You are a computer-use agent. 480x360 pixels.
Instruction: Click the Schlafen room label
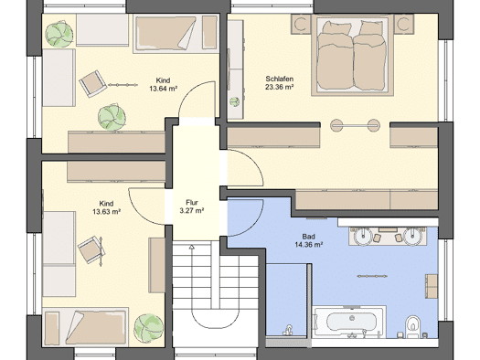pos(279,79)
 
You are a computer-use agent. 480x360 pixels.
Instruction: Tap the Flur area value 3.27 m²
pos(192,211)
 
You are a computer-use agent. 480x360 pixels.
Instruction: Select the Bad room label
pos(309,237)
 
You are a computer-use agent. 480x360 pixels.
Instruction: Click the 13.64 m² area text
pos(164,89)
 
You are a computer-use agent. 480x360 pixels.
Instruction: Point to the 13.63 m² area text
pos(106,212)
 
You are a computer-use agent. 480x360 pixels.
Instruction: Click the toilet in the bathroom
pos(413,327)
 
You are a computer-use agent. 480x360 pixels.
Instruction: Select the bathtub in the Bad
pos(350,322)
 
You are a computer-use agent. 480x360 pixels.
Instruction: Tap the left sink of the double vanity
pos(363,237)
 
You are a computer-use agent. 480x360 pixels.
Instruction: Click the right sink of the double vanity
pos(413,237)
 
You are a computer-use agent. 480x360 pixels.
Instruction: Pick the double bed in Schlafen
pos(352,55)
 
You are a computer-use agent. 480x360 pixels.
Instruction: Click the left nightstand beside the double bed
pos(301,24)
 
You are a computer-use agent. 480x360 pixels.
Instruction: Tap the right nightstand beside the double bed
pos(404,24)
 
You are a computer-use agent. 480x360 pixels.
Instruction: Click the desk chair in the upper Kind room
pos(92,84)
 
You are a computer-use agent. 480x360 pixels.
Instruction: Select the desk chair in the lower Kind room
pos(91,249)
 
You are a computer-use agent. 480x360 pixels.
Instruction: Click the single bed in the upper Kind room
pos(176,33)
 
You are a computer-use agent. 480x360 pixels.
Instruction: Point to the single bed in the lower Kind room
pos(85,327)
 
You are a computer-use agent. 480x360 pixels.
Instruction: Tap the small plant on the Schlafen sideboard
pos(235,101)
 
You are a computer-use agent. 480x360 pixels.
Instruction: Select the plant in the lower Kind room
pos(149,328)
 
